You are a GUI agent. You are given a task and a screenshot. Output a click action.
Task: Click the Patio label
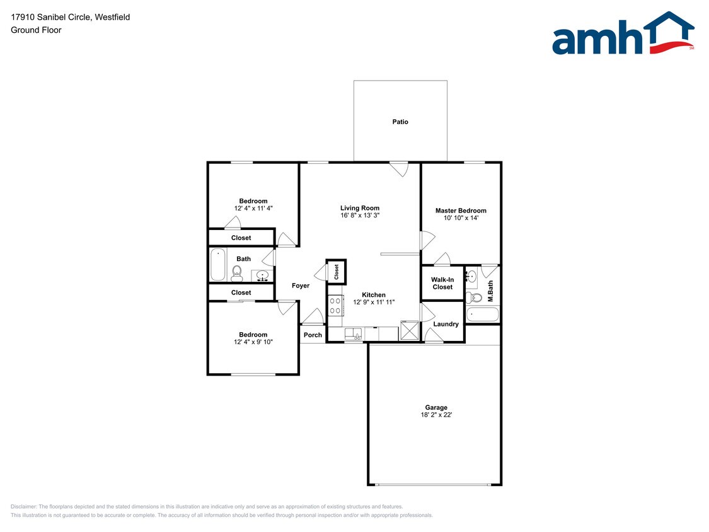[x=400, y=122]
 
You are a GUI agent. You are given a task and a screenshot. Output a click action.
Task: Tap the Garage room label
[x=435, y=407]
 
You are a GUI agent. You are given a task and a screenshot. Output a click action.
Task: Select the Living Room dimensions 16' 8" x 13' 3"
[x=359, y=216]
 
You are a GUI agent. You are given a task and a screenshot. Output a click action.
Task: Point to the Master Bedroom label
[x=461, y=211]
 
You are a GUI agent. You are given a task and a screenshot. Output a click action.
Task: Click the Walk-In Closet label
[x=442, y=283]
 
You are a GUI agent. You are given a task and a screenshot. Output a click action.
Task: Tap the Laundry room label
[x=446, y=324]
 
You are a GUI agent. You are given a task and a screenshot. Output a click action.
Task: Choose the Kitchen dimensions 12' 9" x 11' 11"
[x=374, y=303]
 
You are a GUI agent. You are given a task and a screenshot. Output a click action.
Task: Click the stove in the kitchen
[x=335, y=306]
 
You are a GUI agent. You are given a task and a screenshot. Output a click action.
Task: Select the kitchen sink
[x=354, y=333]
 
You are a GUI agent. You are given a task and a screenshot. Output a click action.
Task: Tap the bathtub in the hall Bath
[x=217, y=265]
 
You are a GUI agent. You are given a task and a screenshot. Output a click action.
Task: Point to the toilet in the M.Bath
[x=475, y=297]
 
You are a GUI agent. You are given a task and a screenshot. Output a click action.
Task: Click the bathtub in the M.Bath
[x=482, y=314]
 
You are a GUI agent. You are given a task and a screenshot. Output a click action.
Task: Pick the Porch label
[x=313, y=335]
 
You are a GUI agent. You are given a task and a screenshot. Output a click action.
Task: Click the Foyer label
[x=301, y=286]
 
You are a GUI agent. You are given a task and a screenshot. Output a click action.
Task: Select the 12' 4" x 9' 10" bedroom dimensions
[x=253, y=342]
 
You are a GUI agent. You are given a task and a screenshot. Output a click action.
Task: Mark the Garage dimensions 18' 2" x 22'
[x=435, y=415]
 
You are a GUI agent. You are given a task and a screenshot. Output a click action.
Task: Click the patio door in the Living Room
[x=399, y=168]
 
